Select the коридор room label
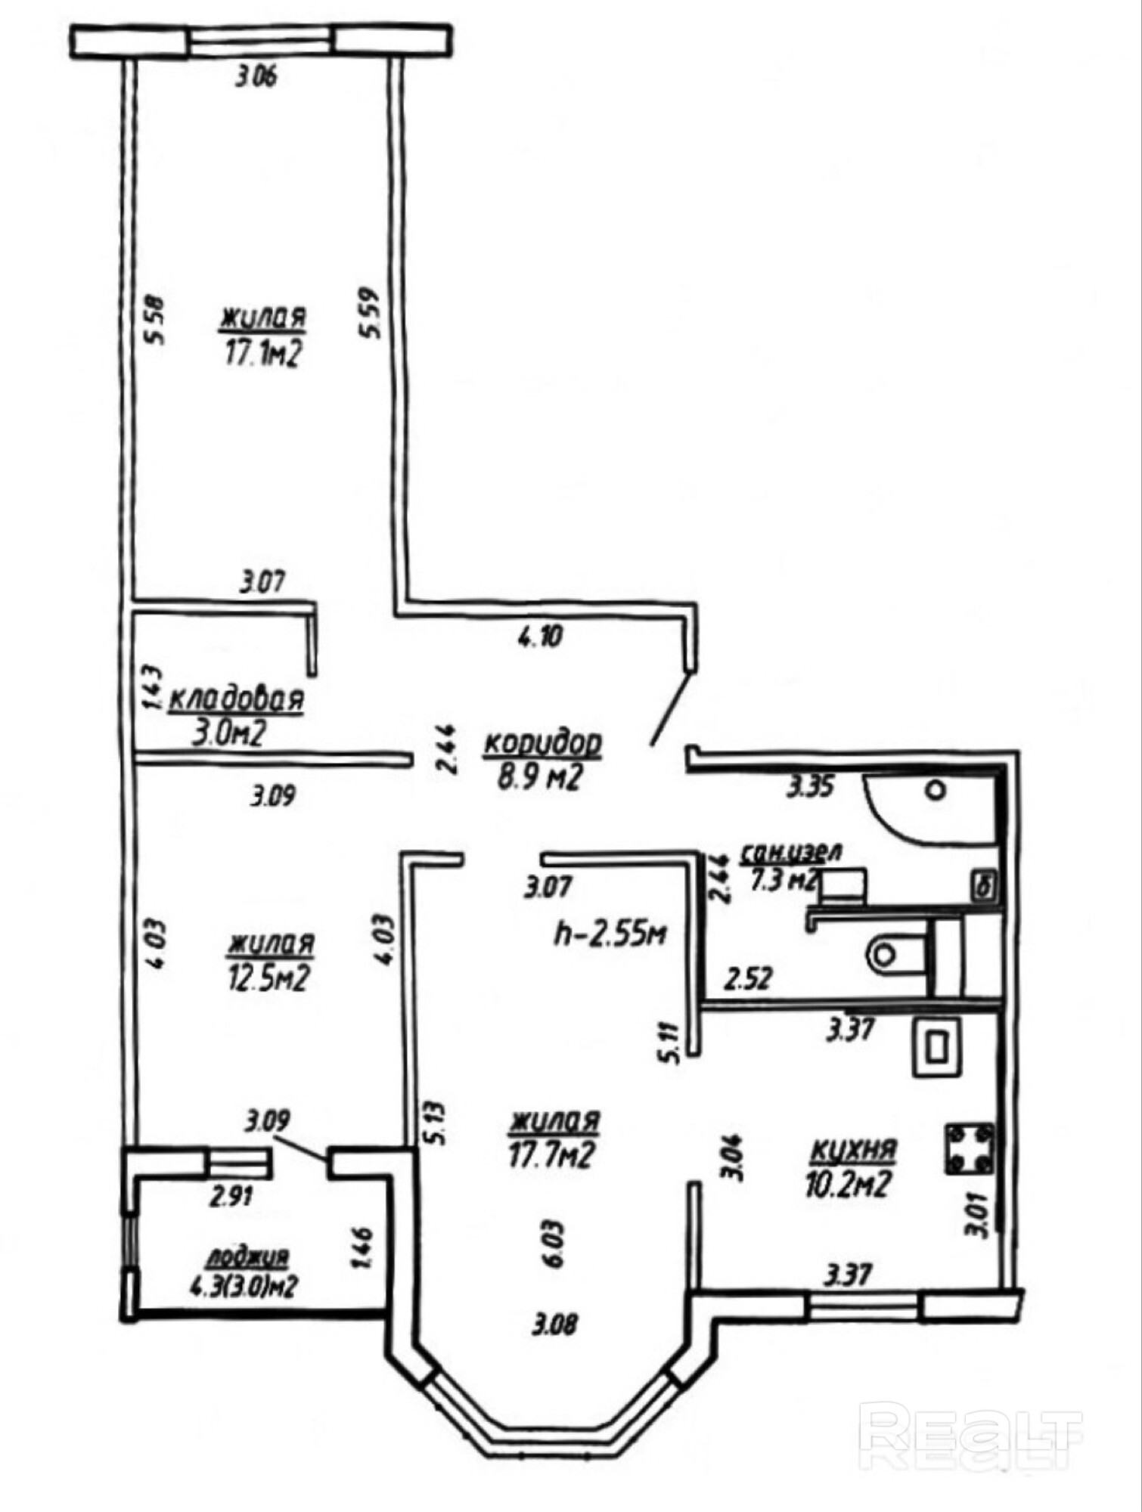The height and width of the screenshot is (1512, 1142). (542, 744)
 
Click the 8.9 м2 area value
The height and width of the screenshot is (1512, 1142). (538, 777)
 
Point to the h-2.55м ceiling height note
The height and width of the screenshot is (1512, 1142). (610, 934)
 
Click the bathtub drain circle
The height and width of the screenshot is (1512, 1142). (936, 791)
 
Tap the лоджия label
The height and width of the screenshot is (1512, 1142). (247, 1256)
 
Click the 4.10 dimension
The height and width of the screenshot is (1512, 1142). (540, 637)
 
